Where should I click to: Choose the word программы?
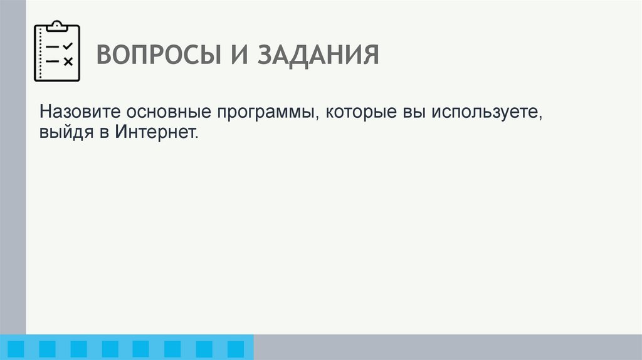268,114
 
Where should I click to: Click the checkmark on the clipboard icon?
69,46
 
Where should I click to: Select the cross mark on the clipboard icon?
69,61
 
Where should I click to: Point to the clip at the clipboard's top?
57,26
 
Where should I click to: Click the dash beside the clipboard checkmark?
53,47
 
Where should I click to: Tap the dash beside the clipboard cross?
53,61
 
